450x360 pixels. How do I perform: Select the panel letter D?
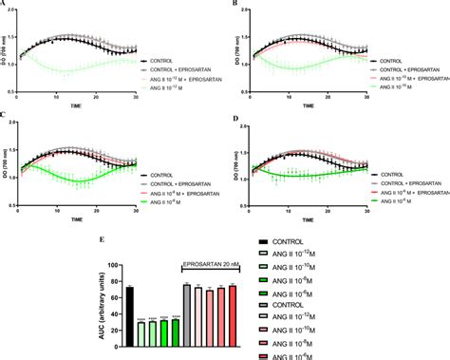[x=234, y=116]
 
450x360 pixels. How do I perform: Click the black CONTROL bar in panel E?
[x=129, y=314]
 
